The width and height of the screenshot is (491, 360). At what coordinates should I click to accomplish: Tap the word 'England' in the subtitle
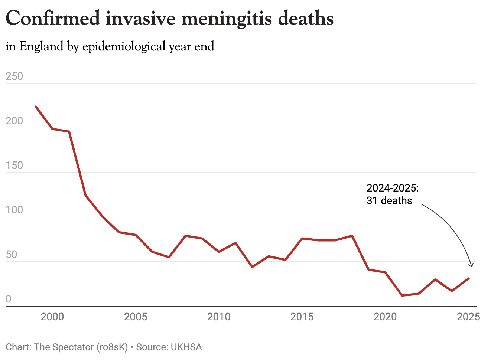coord(42,47)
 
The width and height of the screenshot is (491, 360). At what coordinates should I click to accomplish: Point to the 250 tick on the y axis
coord(14,76)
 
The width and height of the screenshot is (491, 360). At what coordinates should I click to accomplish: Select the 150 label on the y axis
coord(14,166)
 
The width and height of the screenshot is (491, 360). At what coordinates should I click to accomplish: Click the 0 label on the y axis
coord(9,299)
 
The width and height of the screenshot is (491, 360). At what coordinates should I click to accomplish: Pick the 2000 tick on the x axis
coord(52,317)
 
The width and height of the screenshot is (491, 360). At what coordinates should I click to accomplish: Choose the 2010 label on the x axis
coord(219,317)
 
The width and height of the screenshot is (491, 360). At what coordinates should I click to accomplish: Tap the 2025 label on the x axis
coord(468,317)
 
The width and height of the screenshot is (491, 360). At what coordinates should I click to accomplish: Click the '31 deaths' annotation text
coord(389,201)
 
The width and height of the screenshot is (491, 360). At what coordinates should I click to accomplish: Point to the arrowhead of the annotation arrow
coord(472,266)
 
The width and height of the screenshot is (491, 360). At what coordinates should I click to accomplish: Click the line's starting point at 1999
coord(36,107)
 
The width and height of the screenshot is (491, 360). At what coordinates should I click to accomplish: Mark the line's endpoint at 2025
coord(469,278)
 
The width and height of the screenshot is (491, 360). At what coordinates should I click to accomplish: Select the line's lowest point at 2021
coord(402,295)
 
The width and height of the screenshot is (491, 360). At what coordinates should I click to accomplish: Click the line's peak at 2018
coord(352,236)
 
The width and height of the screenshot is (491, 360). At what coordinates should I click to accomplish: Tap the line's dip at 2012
coord(252,267)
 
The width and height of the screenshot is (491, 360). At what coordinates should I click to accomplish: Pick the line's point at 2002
coord(86,196)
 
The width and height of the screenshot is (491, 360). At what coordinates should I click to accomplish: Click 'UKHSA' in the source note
coord(186,347)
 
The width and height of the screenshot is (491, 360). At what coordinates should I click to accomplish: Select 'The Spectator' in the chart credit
coord(64,347)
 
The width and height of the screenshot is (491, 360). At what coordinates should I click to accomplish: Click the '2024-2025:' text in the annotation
coord(393,188)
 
